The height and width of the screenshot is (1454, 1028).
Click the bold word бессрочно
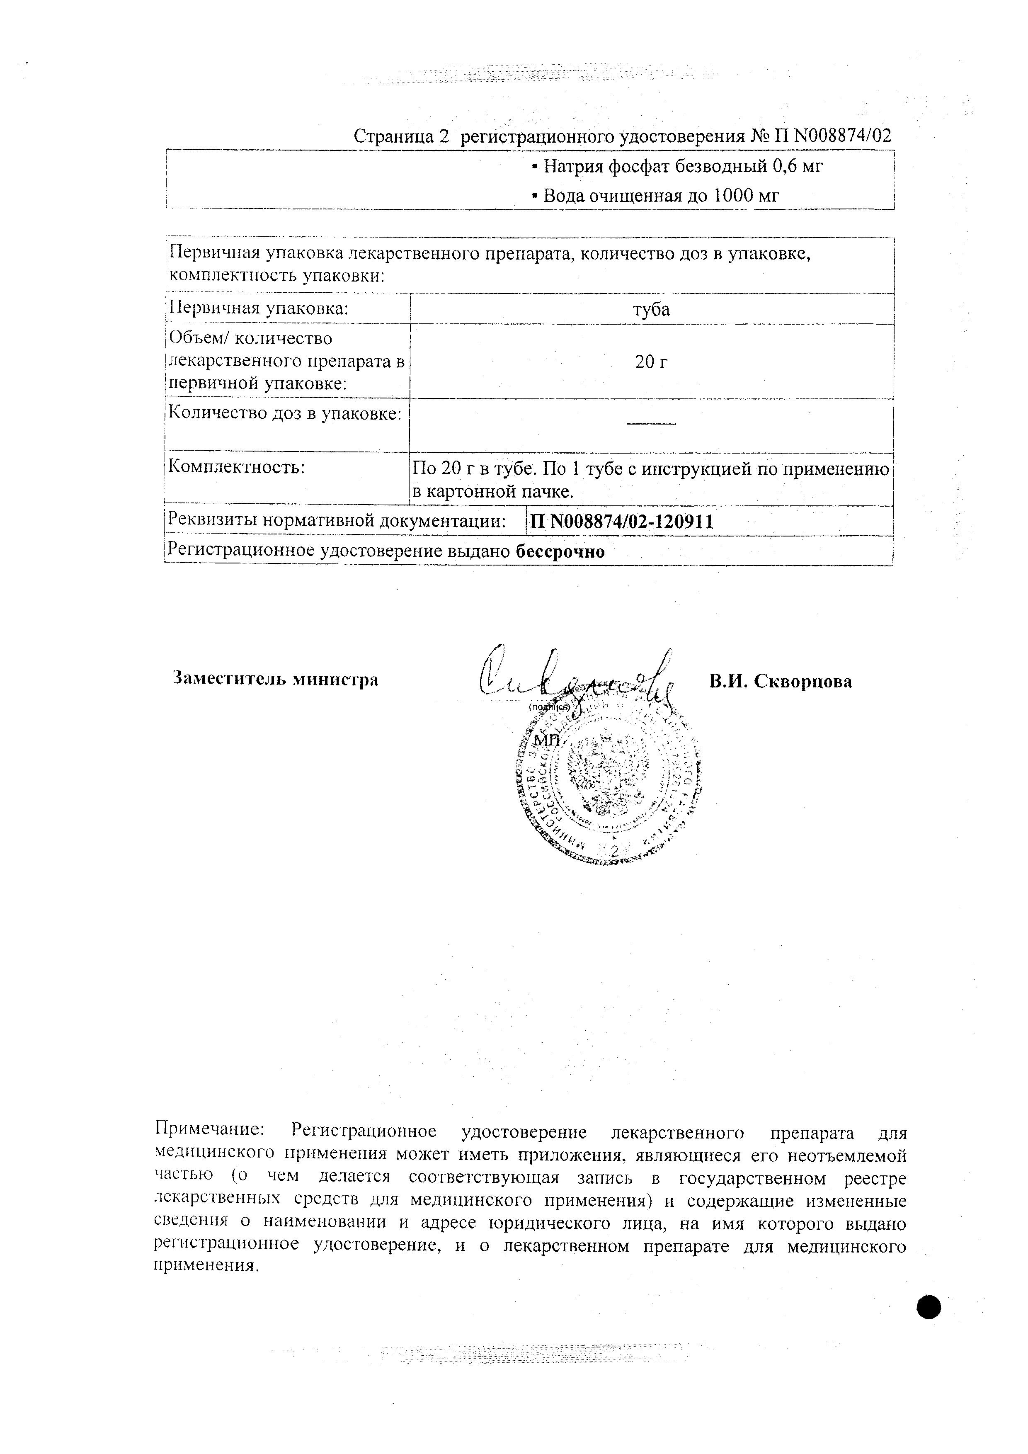tap(560, 551)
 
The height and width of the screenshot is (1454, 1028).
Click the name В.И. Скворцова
tap(781, 682)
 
